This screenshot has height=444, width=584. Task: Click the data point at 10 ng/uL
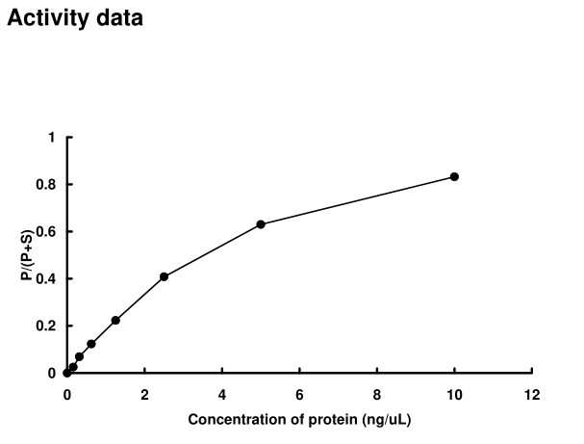coord(454,176)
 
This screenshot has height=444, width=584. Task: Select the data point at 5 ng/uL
coord(261,224)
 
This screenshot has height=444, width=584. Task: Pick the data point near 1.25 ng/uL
coord(115,320)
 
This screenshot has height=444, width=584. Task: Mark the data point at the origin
coord(66,373)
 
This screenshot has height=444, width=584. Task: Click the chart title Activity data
coord(75,18)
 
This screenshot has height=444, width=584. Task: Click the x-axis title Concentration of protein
coord(299,420)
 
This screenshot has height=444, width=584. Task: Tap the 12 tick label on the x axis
coord(532,395)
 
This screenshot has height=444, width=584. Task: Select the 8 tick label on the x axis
coord(377,395)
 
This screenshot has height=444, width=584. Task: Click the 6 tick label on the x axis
coord(299,395)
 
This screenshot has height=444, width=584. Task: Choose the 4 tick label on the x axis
coord(222,395)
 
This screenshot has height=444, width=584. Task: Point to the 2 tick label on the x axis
coord(144,395)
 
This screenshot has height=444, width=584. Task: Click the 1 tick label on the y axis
coord(51,138)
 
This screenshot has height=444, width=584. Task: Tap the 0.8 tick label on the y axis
coord(46,185)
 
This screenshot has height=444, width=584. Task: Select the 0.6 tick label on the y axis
coord(46,232)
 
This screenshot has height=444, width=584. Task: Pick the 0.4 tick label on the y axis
coord(46,279)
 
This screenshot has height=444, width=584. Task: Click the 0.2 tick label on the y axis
coord(46,326)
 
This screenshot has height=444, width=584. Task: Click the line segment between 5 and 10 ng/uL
coord(358,200)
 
